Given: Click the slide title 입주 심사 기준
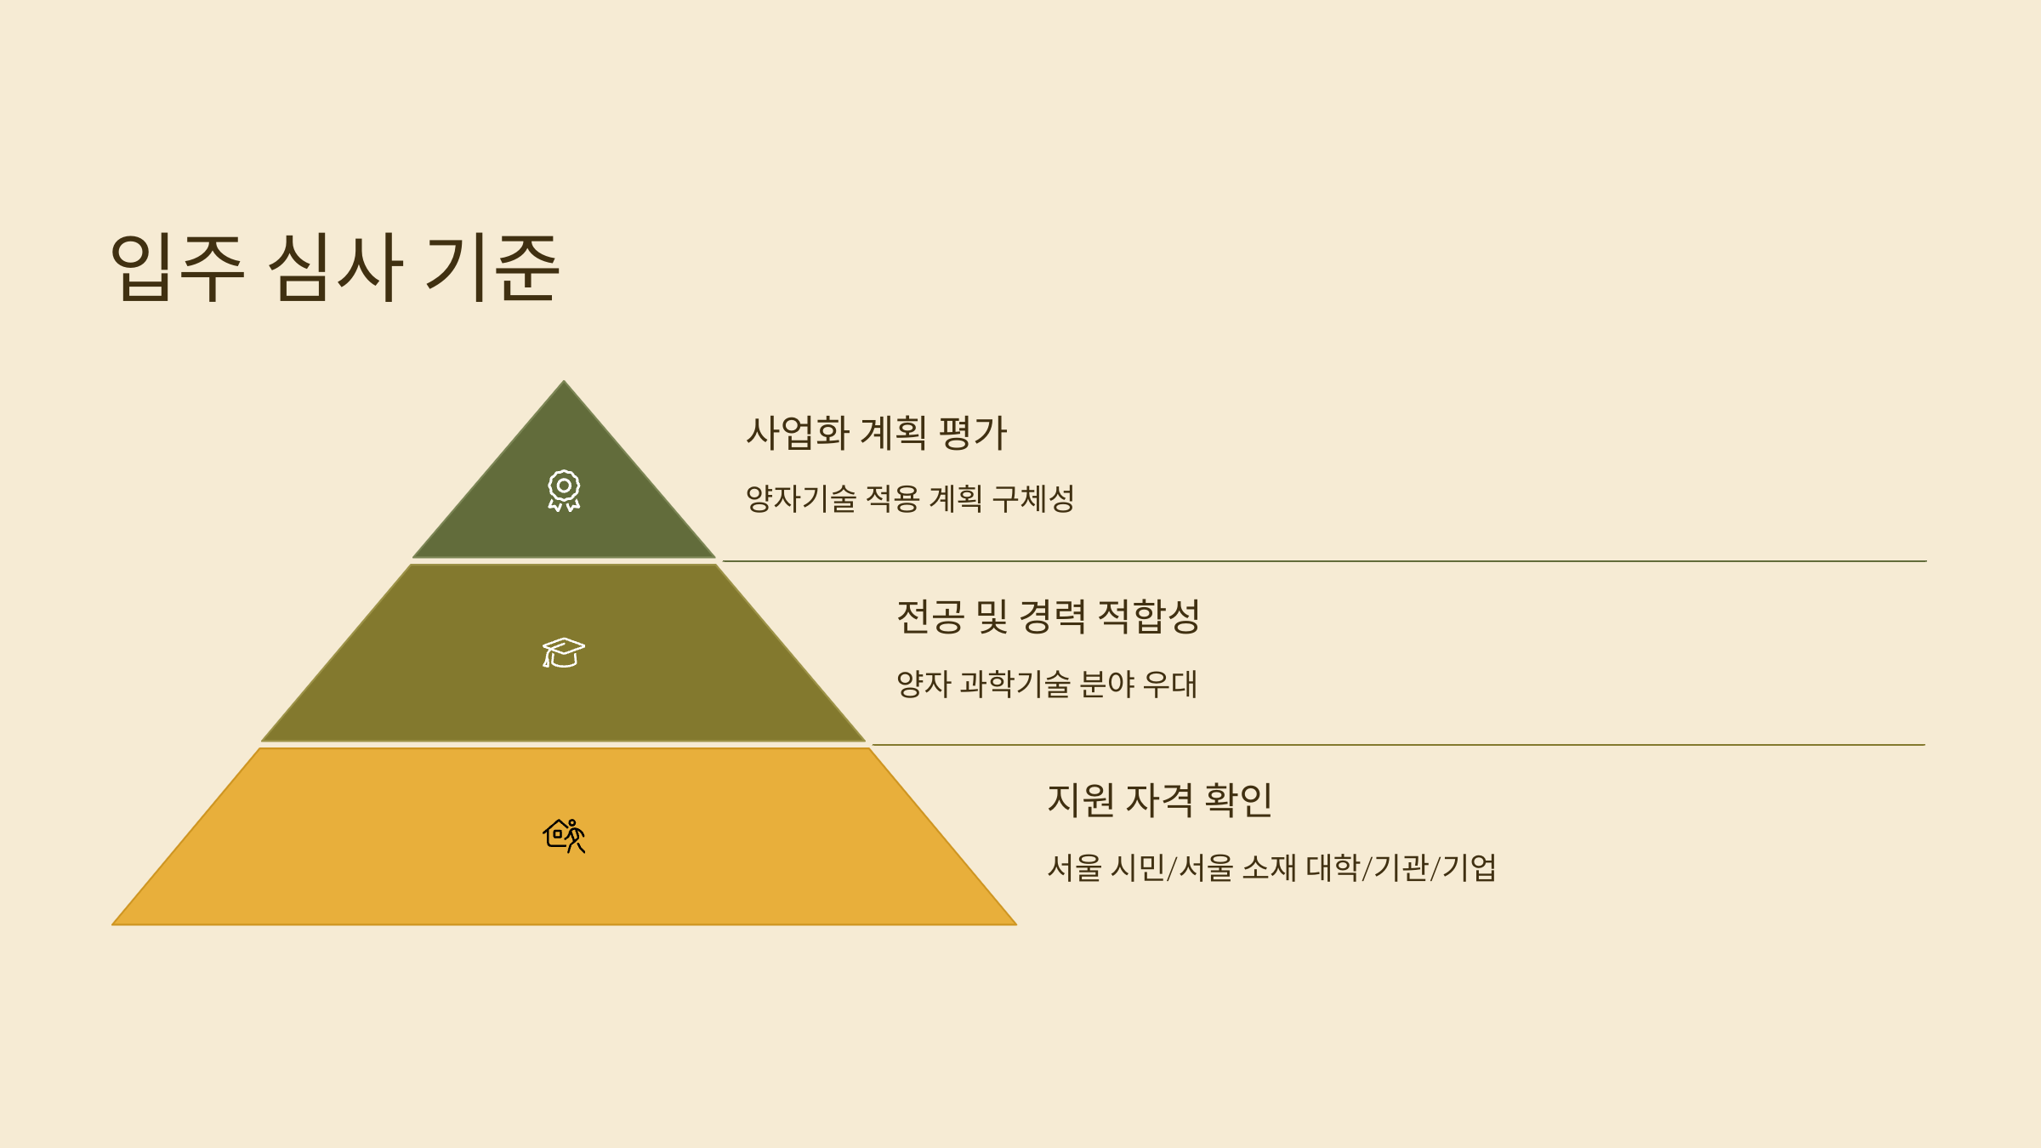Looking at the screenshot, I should [x=334, y=267].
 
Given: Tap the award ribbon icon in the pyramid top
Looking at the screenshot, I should [x=564, y=491].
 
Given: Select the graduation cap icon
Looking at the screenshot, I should [x=564, y=653].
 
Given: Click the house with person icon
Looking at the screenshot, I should [x=564, y=835].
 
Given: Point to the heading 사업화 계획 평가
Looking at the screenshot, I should [x=876, y=433].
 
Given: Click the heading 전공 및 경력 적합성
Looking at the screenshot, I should [x=1048, y=617].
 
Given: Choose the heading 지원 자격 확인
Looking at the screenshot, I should [x=1159, y=800].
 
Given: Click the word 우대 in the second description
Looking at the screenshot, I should [x=1170, y=684].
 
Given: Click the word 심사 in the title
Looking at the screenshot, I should [x=335, y=267].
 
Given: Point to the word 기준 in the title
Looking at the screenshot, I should [x=492, y=267].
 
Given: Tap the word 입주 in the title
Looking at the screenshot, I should [x=178, y=267].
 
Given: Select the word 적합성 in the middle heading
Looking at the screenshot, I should [x=1148, y=617].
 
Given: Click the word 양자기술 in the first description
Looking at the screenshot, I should [x=800, y=499].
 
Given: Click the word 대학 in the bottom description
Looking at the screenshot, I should [x=1333, y=868].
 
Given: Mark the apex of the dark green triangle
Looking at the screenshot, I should [x=564, y=382].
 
